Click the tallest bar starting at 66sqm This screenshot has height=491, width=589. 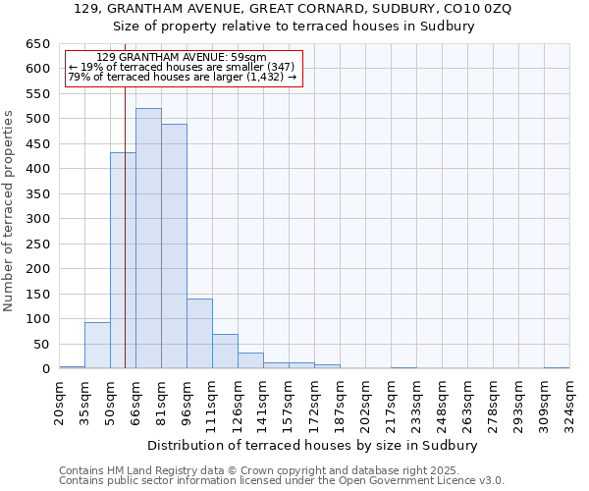148,239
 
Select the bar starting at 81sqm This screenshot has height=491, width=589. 174,246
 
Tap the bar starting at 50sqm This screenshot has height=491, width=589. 123,260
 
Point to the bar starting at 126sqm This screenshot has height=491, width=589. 250,360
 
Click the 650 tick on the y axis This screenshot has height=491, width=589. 37,44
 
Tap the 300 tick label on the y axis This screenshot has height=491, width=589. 37,219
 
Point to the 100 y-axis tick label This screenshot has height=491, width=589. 37,319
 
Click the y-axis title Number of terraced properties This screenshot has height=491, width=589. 10,211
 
